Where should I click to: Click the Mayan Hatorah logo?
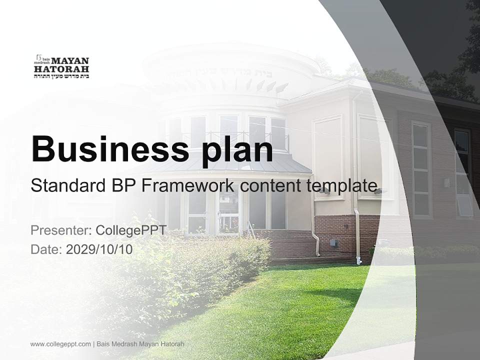click(61, 66)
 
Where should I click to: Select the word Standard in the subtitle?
click(64, 185)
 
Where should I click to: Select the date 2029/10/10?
click(99, 249)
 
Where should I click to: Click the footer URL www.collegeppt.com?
click(60, 344)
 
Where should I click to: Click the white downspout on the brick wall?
click(357, 235)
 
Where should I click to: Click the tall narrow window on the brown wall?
click(421, 170)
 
